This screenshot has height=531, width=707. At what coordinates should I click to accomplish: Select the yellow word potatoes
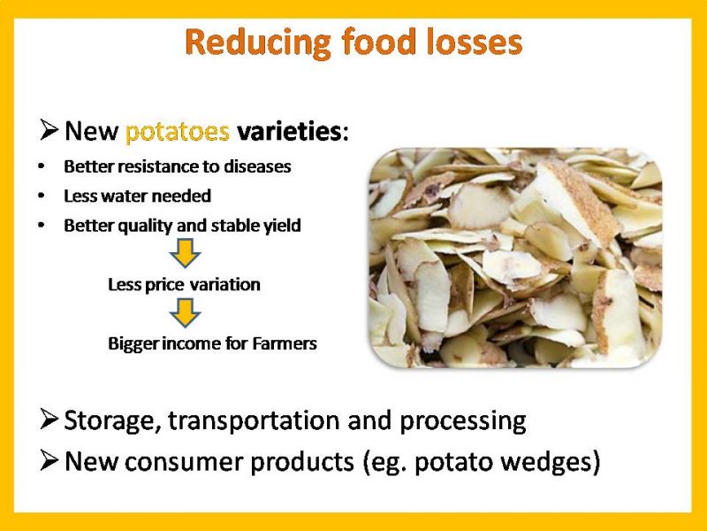click(x=178, y=132)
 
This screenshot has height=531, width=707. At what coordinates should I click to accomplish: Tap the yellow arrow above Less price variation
click(x=185, y=252)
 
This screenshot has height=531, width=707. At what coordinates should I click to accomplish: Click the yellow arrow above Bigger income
click(x=185, y=312)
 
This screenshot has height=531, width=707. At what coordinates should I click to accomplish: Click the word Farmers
click(x=285, y=343)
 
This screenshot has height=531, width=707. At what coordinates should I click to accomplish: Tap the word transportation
click(x=255, y=420)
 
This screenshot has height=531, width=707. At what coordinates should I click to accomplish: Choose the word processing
click(x=462, y=421)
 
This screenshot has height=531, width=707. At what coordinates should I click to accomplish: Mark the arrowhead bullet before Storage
click(x=49, y=419)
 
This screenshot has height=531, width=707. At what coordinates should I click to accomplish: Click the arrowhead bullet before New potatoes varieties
click(x=49, y=129)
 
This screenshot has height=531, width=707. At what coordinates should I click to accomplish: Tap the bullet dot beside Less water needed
click(x=42, y=196)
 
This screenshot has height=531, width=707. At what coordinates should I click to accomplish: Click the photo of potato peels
click(x=515, y=258)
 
